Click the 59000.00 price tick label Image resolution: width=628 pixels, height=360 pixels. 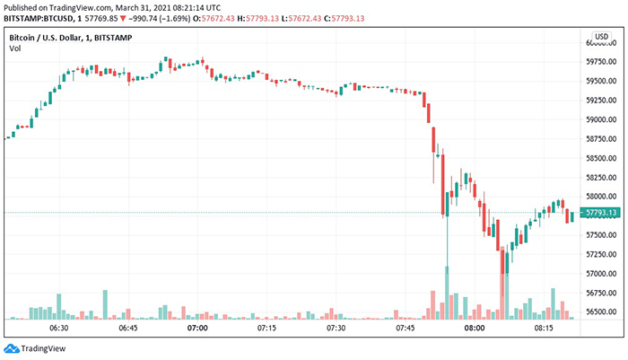coord(599,119)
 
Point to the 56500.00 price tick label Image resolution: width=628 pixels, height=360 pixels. coord(599,312)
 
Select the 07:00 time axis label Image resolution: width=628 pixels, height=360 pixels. coord(197,329)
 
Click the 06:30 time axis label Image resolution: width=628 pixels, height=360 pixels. coord(59,329)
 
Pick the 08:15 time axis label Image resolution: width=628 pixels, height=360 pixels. coord(543,329)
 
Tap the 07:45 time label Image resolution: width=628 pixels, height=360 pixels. coord(405,329)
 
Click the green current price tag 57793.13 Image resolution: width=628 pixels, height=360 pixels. coord(599,213)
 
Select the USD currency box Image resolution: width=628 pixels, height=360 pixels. coord(601,36)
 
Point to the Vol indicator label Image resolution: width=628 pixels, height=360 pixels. coord(14,48)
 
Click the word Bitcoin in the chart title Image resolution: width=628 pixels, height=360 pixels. coord(25,37)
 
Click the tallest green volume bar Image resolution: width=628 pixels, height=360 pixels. coord(446,292)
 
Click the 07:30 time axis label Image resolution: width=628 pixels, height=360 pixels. coord(336,329)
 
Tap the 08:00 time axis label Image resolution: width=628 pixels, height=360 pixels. coord(474,329)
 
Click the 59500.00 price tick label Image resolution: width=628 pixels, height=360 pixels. coord(599,81)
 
